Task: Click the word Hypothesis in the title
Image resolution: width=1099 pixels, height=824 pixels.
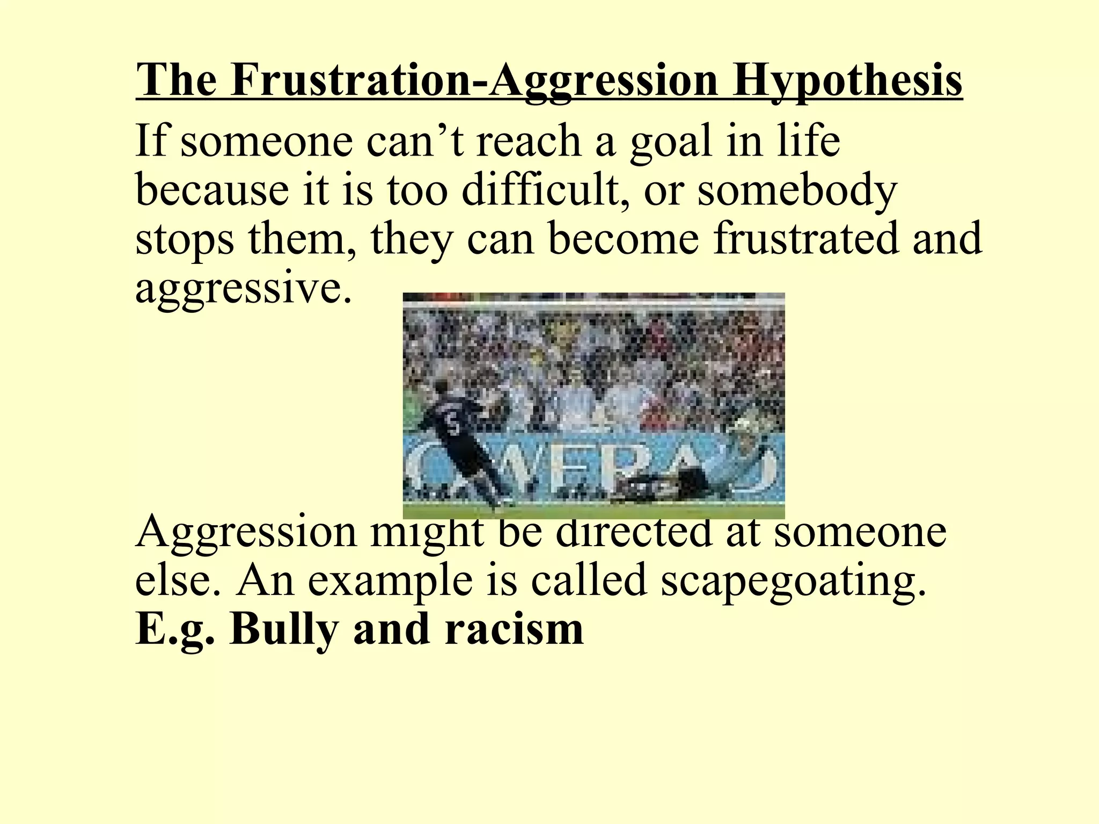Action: [848, 80]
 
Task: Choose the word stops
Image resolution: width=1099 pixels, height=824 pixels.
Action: [185, 239]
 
